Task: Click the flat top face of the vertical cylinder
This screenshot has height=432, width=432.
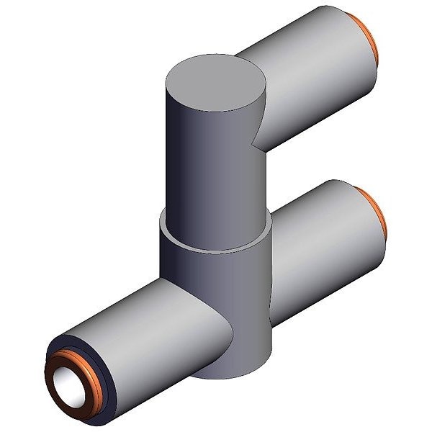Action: click(x=215, y=84)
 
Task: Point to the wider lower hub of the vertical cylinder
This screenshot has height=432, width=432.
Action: click(x=216, y=288)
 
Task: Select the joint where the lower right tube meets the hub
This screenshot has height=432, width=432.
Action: click(x=272, y=288)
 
